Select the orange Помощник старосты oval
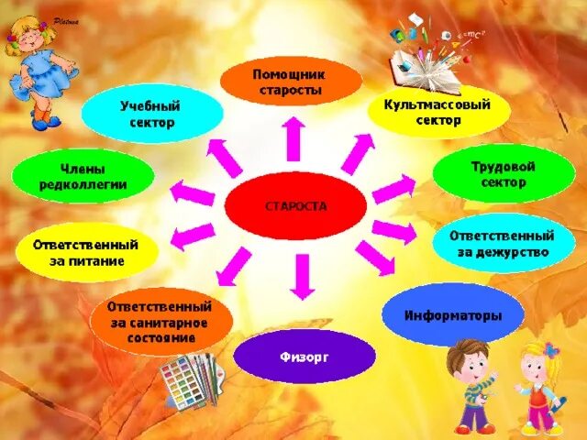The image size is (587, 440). (290, 82)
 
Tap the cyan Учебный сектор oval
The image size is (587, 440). (151, 115)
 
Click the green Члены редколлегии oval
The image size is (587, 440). (83, 176)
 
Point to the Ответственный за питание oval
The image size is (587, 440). (84, 253)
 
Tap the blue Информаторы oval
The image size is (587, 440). (452, 315)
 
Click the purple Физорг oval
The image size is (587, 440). (305, 357)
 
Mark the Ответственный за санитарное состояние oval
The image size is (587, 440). (161, 322)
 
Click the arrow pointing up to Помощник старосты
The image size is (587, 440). (293, 140)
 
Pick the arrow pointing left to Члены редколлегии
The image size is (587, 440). (193, 193)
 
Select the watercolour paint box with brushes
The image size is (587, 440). (191, 379)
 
